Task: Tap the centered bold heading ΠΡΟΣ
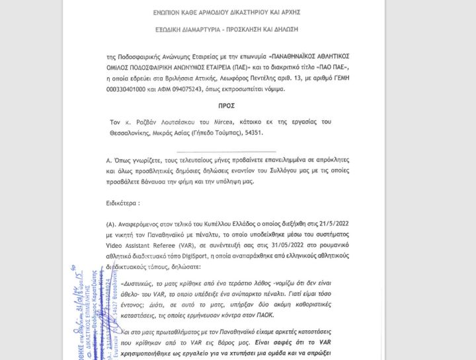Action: click(x=227, y=105)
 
